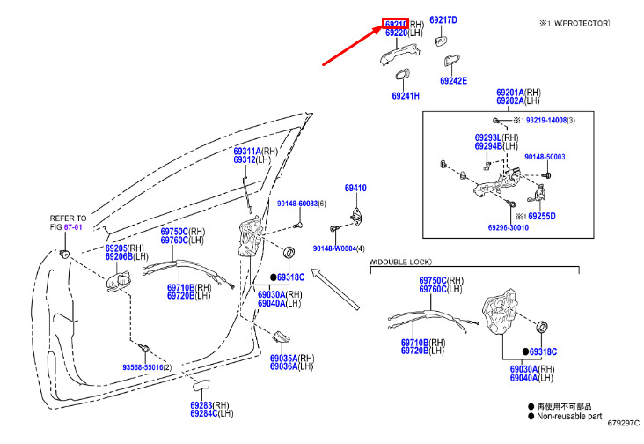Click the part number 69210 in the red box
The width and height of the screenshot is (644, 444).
(x=395, y=23)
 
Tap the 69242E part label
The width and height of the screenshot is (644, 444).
(x=453, y=81)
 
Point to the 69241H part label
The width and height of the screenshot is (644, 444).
(x=406, y=96)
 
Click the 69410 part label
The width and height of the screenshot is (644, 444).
(x=355, y=189)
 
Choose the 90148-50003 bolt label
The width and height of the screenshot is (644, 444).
(x=545, y=157)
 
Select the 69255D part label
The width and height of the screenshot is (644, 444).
(x=541, y=216)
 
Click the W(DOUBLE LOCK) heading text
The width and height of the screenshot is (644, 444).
(x=400, y=262)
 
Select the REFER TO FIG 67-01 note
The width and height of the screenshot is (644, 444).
(x=68, y=222)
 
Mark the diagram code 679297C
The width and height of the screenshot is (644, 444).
(x=624, y=433)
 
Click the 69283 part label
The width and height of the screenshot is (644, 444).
(x=201, y=405)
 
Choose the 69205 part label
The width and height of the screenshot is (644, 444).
(x=117, y=248)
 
